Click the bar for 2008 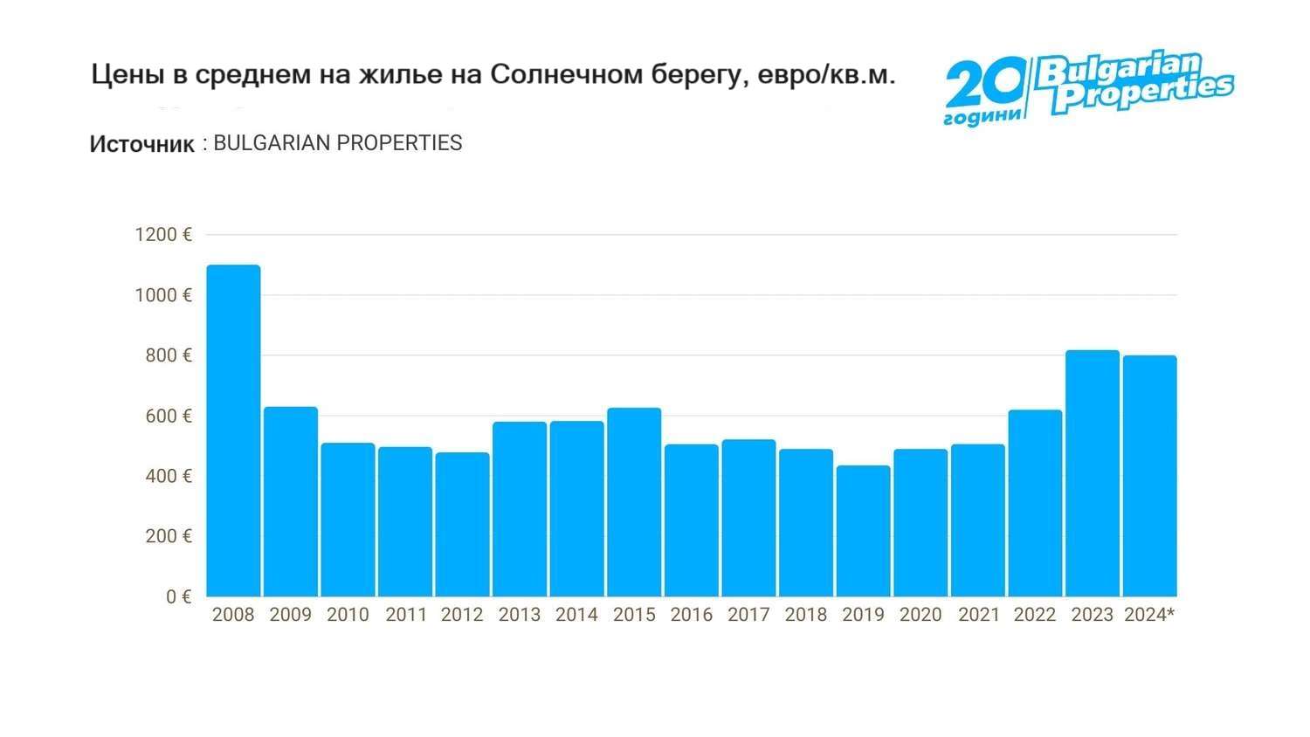(233, 430)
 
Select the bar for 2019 (863, 531)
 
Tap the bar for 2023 (1093, 473)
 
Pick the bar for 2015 (634, 502)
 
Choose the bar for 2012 (462, 524)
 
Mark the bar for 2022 (1035, 503)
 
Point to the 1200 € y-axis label (163, 235)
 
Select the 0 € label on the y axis (178, 596)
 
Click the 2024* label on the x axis (1149, 615)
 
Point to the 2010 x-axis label (348, 615)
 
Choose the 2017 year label (748, 615)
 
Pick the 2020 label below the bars (920, 615)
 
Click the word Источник (141, 144)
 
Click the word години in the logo (982, 117)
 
